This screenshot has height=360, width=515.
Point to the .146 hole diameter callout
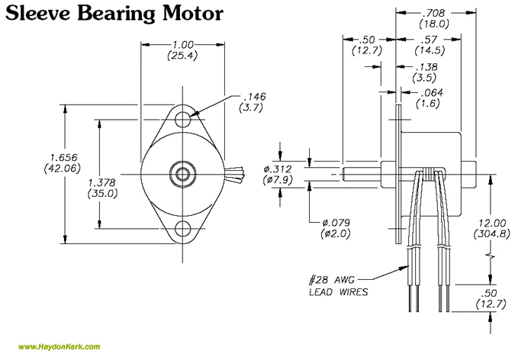(x=253, y=98)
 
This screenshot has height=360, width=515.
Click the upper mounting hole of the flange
(x=183, y=120)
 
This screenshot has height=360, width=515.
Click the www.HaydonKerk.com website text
(x=60, y=348)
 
